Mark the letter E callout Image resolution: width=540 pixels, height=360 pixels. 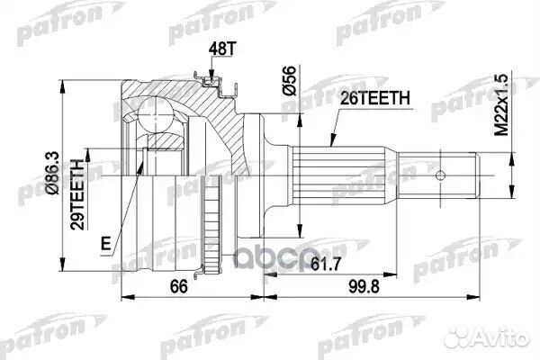click(x=106, y=242)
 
